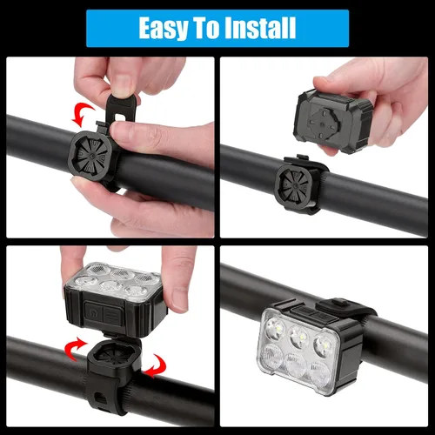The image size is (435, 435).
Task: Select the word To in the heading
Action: [x=208, y=29]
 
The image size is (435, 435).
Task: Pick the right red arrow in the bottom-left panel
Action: [x=154, y=366]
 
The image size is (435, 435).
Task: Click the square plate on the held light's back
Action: [x=326, y=115]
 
